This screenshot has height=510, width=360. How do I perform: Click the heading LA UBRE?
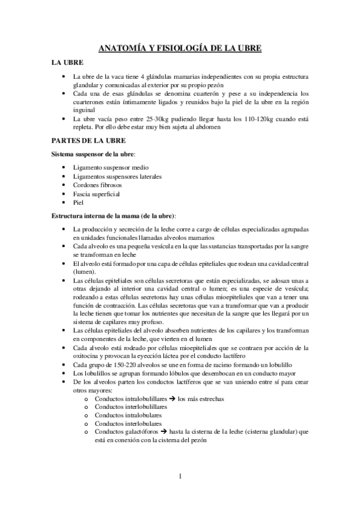click(x=67, y=63)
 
